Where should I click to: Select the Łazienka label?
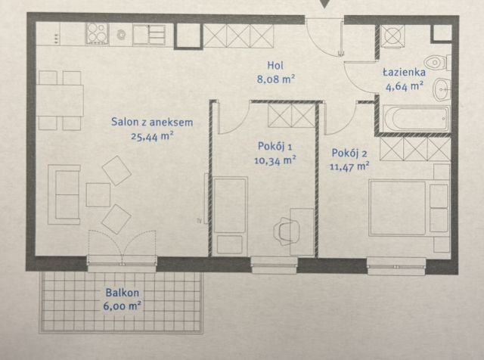404,73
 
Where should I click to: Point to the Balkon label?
122,293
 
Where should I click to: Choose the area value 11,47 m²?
350,164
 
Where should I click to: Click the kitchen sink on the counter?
150,33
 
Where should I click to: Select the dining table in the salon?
61,100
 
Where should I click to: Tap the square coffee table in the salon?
98,195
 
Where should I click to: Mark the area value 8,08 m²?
274,77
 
